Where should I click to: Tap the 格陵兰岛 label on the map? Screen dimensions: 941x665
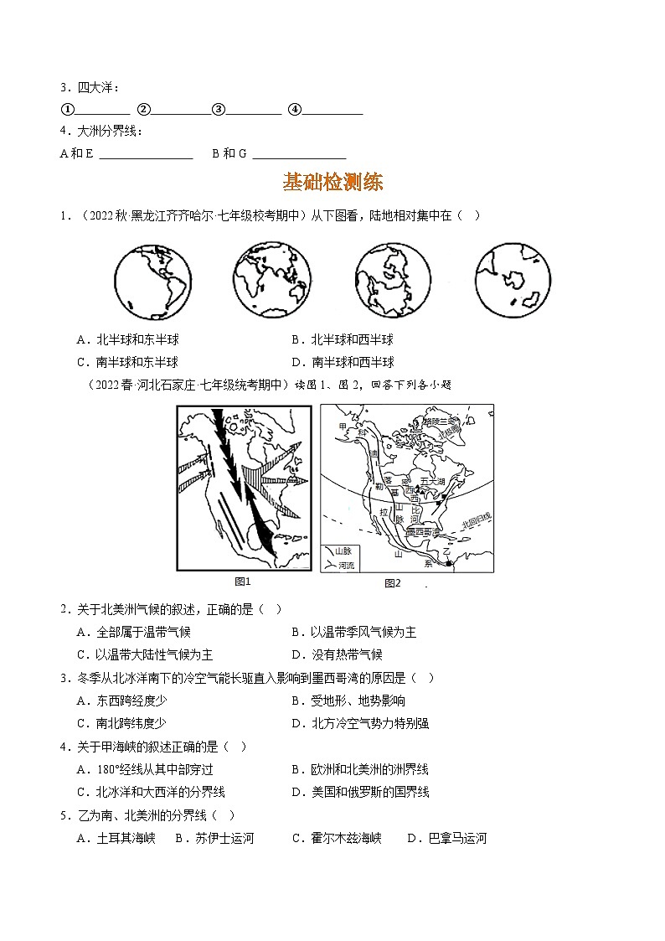click(x=442, y=422)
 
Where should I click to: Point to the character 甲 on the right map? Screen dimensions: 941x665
click(x=341, y=427)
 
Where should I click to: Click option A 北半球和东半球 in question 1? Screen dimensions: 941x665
click(x=127, y=339)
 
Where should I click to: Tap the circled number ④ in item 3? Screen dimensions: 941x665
click(x=294, y=109)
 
